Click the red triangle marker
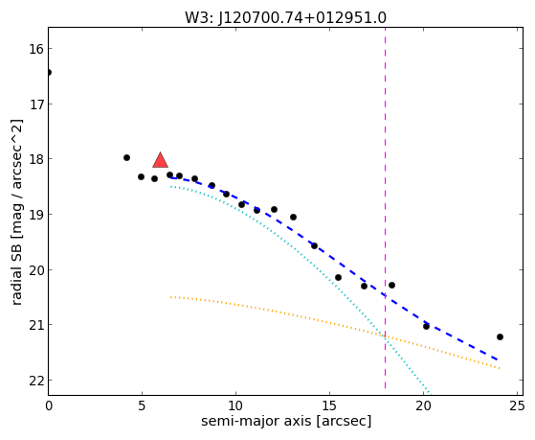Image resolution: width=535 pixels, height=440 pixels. coord(160,160)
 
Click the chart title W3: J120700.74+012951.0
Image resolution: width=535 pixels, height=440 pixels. coord(285,18)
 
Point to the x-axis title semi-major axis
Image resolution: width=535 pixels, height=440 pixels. coord(256,421)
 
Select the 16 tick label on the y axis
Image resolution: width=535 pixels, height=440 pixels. coord(36,49)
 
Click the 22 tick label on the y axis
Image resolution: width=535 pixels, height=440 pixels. coord(36,381)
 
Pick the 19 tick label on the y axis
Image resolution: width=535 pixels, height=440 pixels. coord(36,215)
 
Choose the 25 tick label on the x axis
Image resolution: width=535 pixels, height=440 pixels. coord(517,405)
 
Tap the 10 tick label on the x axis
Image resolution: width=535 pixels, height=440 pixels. coord(235,405)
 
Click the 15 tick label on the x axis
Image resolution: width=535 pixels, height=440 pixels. coord(329,405)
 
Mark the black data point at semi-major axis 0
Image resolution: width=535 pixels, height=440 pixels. coord(49,72)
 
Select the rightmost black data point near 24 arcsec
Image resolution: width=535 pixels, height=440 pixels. coord(500,336)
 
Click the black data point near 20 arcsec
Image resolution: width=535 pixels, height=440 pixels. coord(426,326)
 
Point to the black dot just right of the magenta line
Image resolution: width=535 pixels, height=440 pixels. coord(391,285)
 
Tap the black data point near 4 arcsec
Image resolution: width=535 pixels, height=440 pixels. coord(126,157)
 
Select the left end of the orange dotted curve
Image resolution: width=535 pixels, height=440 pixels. coord(170,297)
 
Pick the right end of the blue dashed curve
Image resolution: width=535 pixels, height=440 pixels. coord(498,359)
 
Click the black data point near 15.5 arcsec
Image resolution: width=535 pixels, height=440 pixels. coord(338,277)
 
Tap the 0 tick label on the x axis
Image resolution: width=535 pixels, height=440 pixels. coord(49,405)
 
